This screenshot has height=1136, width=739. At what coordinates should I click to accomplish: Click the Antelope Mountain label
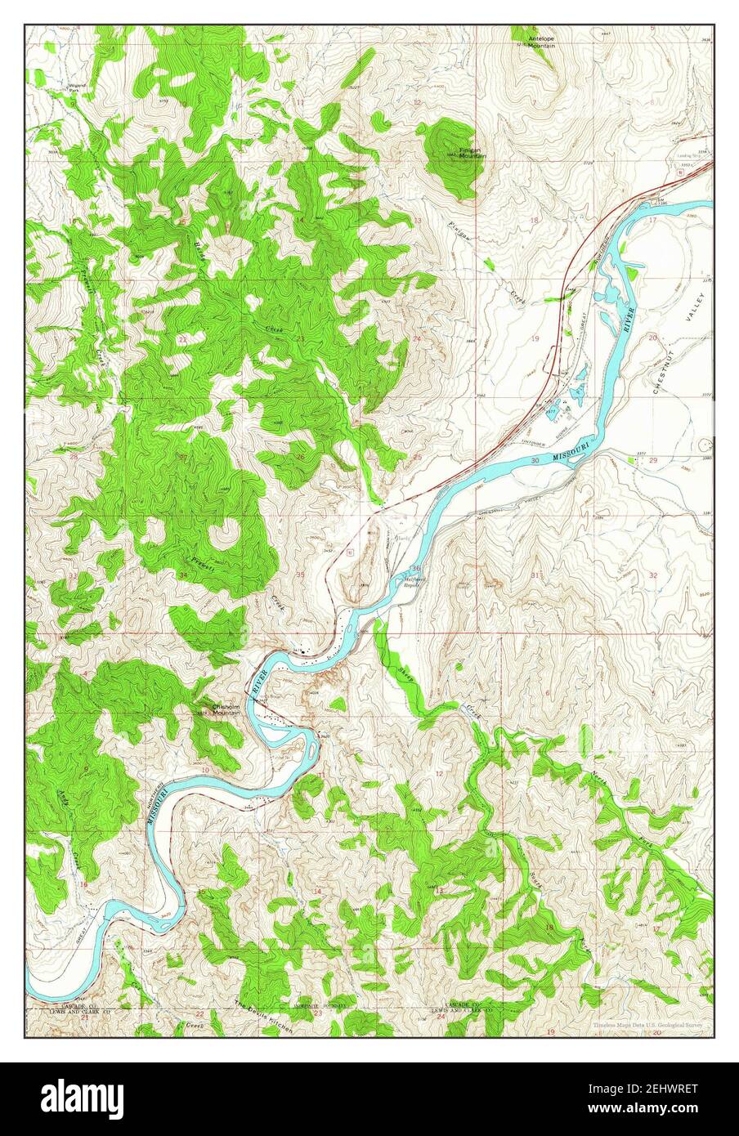click(540, 42)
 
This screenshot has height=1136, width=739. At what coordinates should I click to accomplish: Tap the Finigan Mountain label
click(471, 153)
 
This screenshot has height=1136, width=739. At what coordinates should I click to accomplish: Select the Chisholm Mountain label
click(226, 709)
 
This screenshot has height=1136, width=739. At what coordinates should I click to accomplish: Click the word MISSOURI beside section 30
click(572, 451)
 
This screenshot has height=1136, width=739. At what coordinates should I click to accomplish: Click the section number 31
click(535, 576)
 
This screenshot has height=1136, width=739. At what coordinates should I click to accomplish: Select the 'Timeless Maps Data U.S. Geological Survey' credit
click(648, 1025)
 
